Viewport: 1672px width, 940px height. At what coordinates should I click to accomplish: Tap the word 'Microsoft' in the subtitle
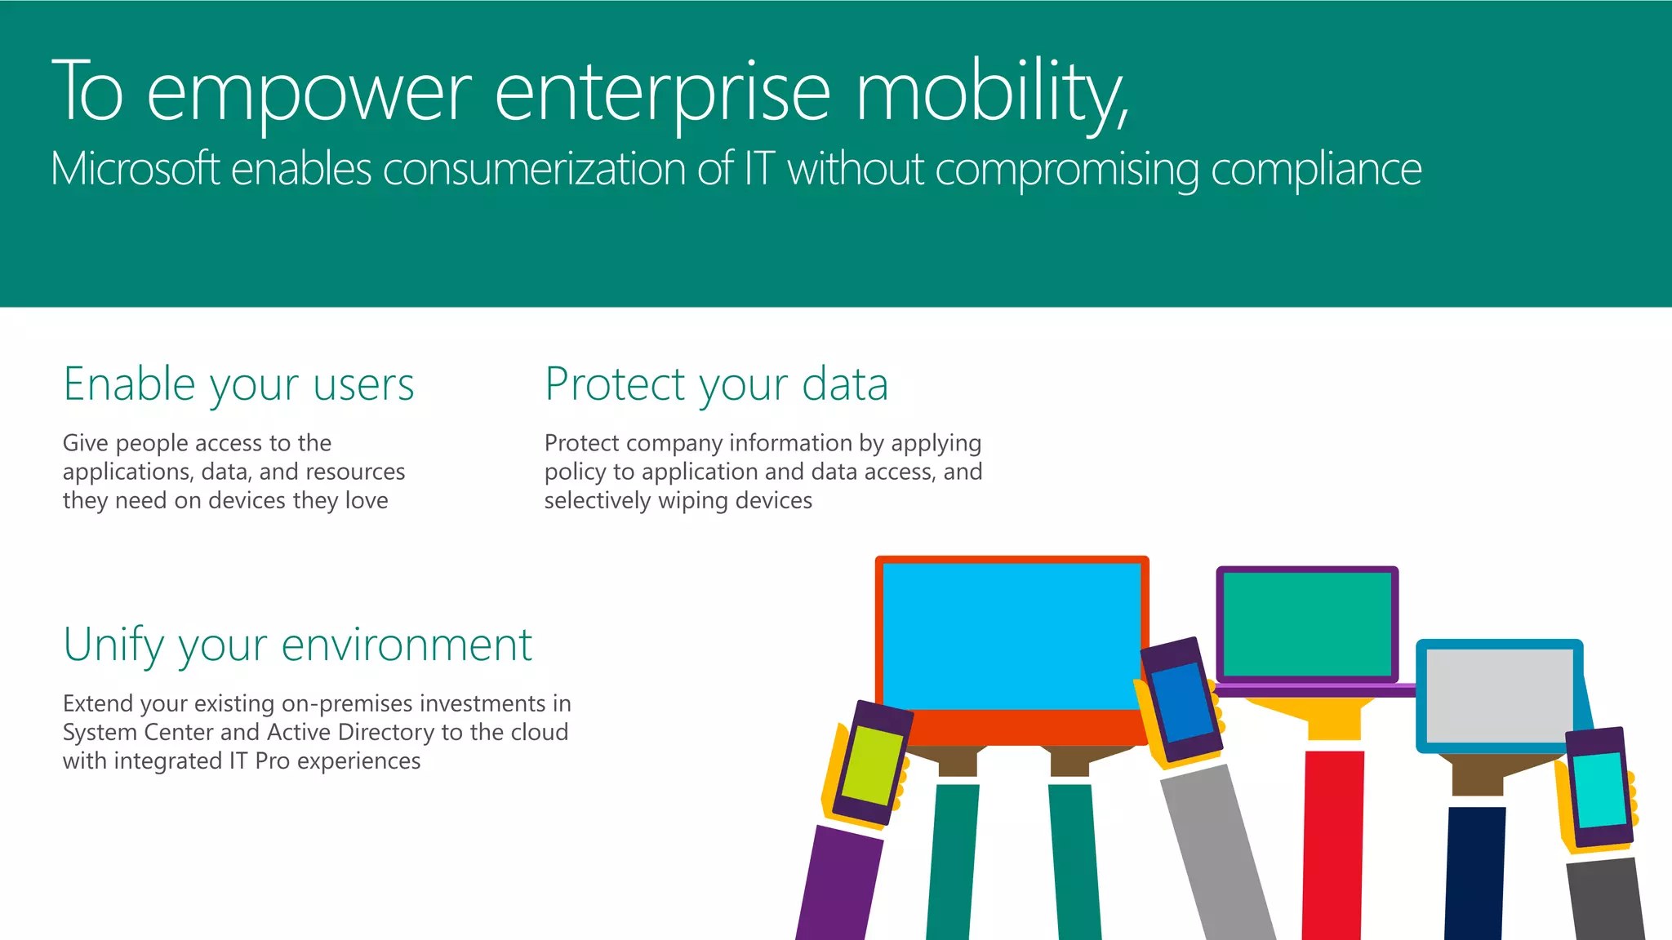coord(135,169)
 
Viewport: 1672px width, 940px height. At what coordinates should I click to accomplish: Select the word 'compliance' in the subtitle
coord(1315,170)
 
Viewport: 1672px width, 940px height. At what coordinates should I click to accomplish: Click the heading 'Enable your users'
coord(238,384)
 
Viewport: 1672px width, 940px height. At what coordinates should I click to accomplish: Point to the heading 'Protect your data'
coord(716,384)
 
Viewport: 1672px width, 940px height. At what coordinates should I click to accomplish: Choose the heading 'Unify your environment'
coord(297,645)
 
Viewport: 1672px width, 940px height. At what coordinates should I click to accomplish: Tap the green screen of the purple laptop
coord(1306,623)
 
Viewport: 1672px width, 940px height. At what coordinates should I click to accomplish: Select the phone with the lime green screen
coord(871,765)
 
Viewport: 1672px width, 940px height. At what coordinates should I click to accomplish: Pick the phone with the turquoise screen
coord(1598,788)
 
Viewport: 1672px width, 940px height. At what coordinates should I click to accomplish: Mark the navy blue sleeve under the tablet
coord(1474,873)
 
